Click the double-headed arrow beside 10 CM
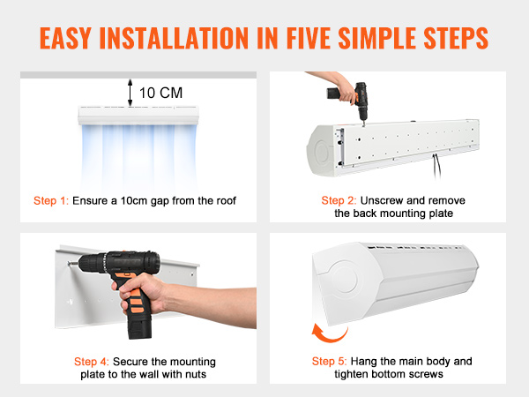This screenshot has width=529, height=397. click(131, 92)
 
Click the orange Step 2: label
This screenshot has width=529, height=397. click(339, 200)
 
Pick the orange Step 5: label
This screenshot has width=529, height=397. click(332, 362)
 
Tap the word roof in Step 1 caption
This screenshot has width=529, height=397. click(222, 200)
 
